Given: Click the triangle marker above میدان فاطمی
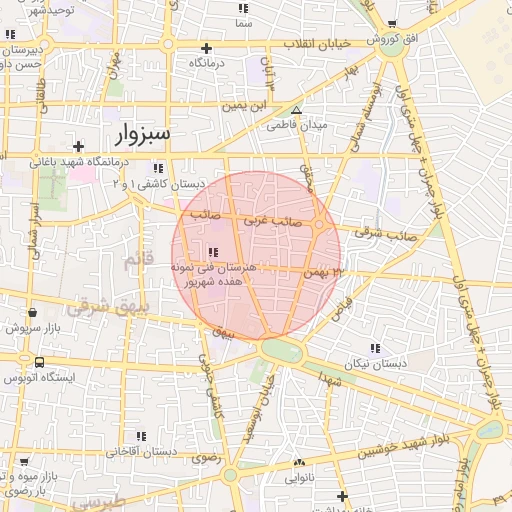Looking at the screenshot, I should click(x=296, y=110).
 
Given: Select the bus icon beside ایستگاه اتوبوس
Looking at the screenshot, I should click(x=38, y=362).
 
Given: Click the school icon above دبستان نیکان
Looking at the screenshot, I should click(x=375, y=348).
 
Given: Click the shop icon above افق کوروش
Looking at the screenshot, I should click(x=391, y=24).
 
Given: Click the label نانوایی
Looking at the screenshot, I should click(x=299, y=478).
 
